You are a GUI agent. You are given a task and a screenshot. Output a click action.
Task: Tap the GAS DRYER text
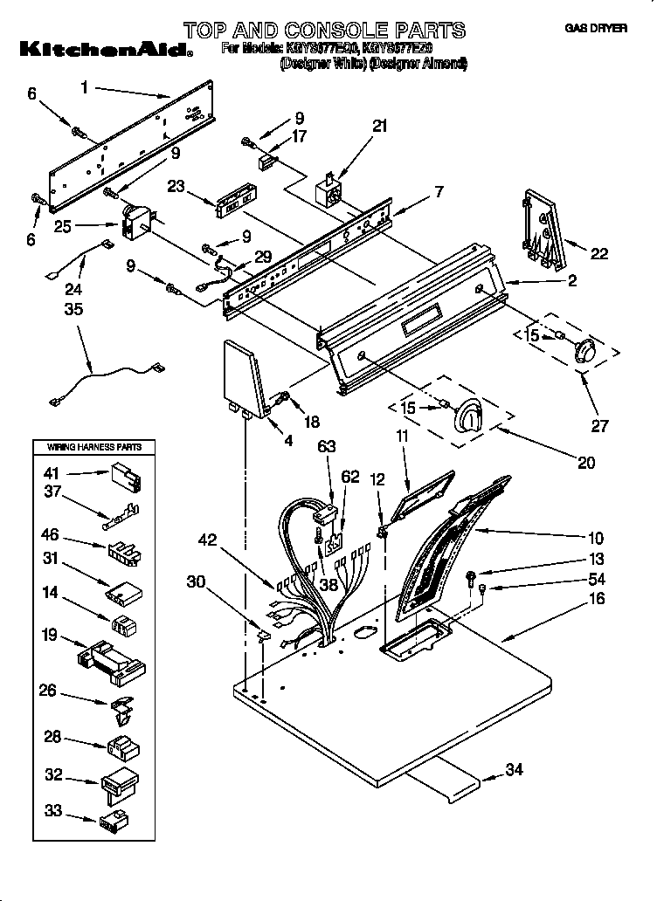click(596, 29)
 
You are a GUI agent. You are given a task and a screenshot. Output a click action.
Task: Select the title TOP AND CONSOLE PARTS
click(324, 31)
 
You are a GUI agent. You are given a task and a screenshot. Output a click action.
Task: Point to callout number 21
click(379, 126)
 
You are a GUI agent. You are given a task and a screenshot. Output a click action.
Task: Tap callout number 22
click(598, 254)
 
